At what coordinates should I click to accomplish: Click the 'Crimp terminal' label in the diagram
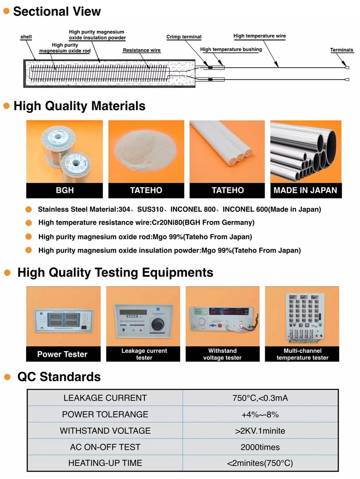click(184, 37)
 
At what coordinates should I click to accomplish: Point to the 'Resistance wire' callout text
click(142, 50)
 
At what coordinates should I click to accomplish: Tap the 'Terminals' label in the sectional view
click(342, 50)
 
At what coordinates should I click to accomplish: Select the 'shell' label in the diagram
click(26, 37)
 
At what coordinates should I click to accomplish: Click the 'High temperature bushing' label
click(231, 50)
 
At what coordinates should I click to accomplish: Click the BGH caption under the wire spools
click(65, 190)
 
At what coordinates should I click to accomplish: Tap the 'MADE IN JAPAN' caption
click(305, 190)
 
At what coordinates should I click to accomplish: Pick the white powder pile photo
click(146, 151)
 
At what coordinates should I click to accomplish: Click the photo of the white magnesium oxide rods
click(227, 151)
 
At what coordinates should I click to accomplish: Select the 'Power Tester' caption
click(62, 355)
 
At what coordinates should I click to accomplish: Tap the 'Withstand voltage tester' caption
click(223, 354)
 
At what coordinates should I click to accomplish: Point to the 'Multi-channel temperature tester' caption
click(303, 354)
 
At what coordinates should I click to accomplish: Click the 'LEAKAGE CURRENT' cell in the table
click(105, 398)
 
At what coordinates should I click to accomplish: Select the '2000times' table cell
click(260, 447)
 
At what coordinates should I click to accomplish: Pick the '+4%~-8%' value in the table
click(260, 415)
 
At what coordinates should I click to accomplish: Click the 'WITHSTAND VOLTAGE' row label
click(105, 431)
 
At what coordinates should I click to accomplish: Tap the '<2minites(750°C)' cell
click(260, 463)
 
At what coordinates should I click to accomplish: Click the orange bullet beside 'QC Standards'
click(7, 377)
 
